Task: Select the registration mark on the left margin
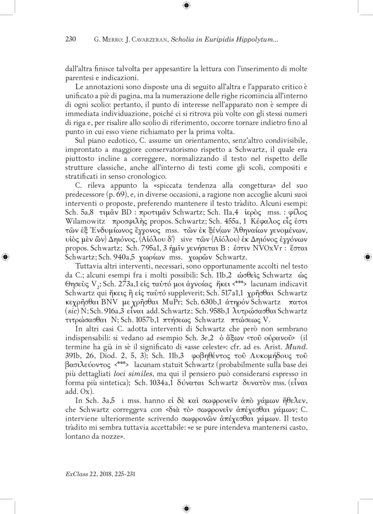pyautogui.click(x=5, y=257)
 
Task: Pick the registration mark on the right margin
pyautogui.click(x=367, y=257)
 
